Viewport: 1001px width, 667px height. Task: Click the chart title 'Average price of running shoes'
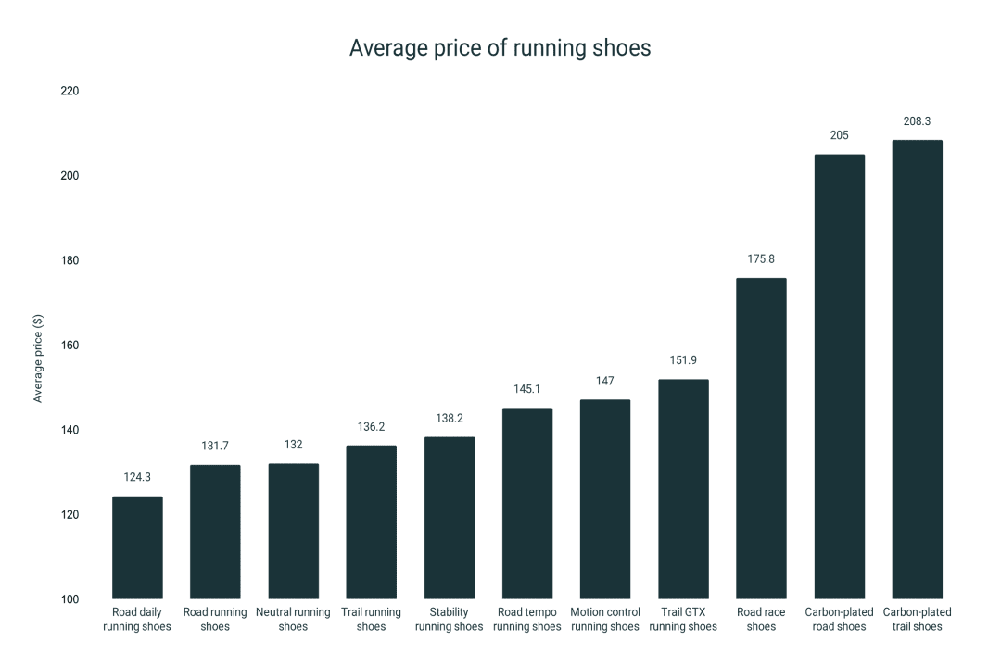pyautogui.click(x=500, y=48)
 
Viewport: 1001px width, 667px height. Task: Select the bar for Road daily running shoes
pyautogui.click(x=137, y=547)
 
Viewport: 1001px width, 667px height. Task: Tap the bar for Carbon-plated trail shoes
pyautogui.click(x=917, y=370)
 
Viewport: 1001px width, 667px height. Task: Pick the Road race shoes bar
pyautogui.click(x=761, y=438)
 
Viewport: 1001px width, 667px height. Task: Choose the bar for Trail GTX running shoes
pyautogui.click(x=683, y=489)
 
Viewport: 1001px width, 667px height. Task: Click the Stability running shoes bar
pyautogui.click(x=450, y=518)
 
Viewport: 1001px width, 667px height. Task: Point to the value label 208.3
pyautogui.click(x=917, y=121)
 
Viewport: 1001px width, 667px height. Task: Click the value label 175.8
pyautogui.click(x=761, y=258)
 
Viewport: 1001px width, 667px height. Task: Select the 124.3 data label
pyautogui.click(x=137, y=477)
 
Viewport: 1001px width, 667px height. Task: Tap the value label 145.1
pyautogui.click(x=527, y=389)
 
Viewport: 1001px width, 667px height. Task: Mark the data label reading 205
pyautogui.click(x=839, y=135)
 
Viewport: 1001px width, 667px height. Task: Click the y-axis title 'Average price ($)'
pyautogui.click(x=38, y=358)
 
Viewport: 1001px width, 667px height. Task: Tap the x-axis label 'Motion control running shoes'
pyautogui.click(x=605, y=620)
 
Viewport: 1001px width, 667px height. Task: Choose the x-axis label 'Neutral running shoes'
pyautogui.click(x=293, y=620)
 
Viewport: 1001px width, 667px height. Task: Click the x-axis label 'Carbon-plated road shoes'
pyautogui.click(x=839, y=620)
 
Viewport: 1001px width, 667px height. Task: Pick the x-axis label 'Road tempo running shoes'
pyautogui.click(x=527, y=620)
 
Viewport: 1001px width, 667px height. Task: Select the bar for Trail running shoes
pyautogui.click(x=371, y=522)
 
